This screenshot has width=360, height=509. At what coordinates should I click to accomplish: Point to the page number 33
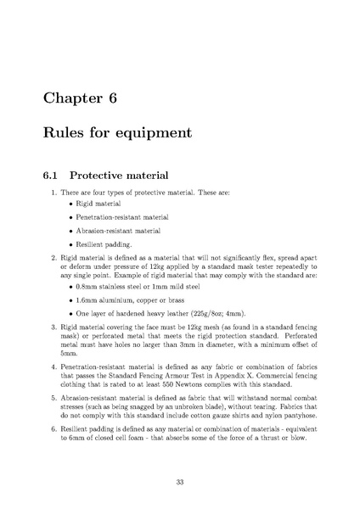[x=180, y=482]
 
